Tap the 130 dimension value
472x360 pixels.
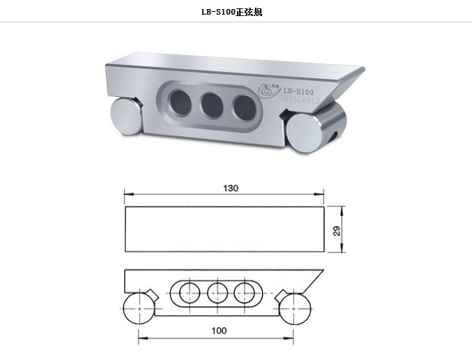(x=231, y=188)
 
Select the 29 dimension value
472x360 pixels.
(x=337, y=231)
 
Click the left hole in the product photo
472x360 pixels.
(x=179, y=101)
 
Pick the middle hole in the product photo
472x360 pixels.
(x=211, y=105)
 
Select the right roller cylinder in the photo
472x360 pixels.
(x=307, y=128)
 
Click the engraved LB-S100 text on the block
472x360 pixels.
(x=298, y=91)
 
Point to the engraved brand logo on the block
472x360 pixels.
(x=268, y=89)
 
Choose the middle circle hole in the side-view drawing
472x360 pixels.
(x=217, y=293)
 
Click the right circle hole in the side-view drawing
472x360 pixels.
(x=245, y=293)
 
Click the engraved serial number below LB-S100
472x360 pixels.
(x=300, y=101)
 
